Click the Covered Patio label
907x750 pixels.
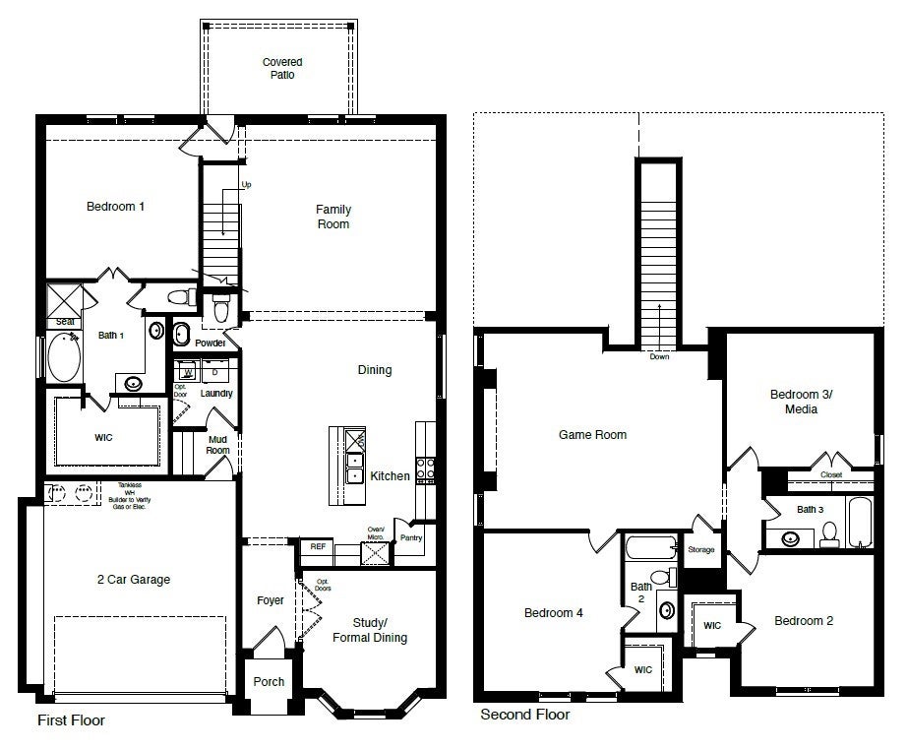(x=281, y=68)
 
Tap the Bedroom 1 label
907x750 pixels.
(x=115, y=207)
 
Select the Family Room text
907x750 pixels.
(x=333, y=217)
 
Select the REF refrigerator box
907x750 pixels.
(x=318, y=545)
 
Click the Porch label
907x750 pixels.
(x=269, y=681)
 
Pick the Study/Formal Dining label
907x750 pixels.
(x=379, y=629)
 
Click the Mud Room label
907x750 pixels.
(x=217, y=445)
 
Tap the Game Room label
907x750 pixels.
(x=592, y=434)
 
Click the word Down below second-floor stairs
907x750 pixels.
(x=659, y=356)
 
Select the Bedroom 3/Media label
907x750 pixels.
(x=800, y=402)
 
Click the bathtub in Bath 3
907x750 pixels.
(x=859, y=523)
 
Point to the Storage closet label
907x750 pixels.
(x=701, y=549)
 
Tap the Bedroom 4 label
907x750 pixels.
(x=553, y=612)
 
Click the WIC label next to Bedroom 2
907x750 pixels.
(x=710, y=624)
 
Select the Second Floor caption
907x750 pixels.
(x=524, y=715)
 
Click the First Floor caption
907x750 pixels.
(x=71, y=720)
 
